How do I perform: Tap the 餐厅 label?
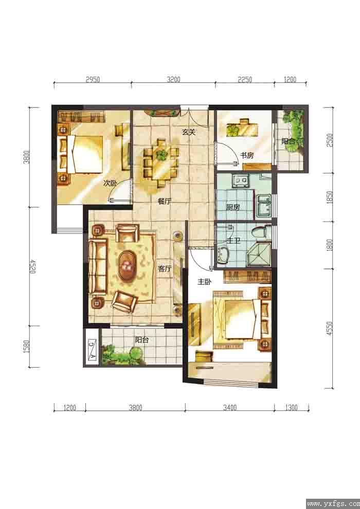[x=164, y=201]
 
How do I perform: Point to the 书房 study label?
[x=247, y=155]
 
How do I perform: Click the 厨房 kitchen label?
[x=232, y=207]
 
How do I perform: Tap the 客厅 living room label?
[x=165, y=268]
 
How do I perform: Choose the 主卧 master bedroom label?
[x=205, y=282]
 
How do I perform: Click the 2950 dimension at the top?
[x=93, y=80]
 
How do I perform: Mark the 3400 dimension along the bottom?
[x=229, y=407]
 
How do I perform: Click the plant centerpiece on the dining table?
[x=161, y=155]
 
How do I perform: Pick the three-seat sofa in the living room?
[x=98, y=267]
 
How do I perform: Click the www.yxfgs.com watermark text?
[x=333, y=504]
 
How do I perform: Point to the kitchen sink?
[x=263, y=206]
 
